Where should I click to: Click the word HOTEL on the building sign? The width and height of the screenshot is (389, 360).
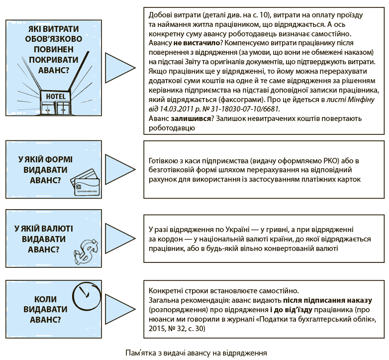click(56, 96)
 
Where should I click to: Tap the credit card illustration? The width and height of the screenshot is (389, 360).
click(85, 182)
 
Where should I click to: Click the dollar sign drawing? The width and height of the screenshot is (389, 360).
click(86, 251)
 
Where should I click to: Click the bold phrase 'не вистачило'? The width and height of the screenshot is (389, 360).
click(196, 43)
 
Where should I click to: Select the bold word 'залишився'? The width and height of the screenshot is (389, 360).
click(191, 119)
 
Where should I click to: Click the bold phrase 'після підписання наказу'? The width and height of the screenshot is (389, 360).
click(327, 300)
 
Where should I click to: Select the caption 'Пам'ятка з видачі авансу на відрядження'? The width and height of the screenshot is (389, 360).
click(196, 353)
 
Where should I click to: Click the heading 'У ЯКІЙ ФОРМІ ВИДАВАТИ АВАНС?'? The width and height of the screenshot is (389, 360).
click(45, 170)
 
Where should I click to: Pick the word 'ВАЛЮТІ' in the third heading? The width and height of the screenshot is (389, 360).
click(57, 229)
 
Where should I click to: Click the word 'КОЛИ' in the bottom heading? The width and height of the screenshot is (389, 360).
click(45, 299)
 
